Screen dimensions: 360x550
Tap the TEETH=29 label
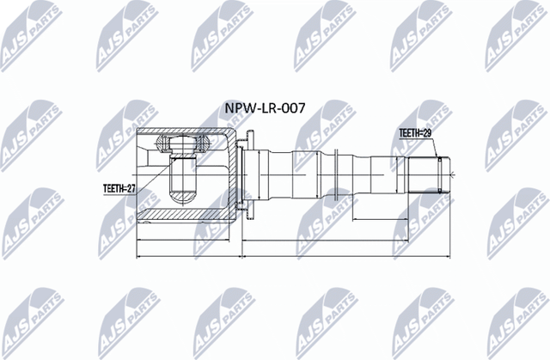click(414, 133)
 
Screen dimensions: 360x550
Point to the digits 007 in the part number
click(292, 111)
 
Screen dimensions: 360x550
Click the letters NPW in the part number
click(238, 111)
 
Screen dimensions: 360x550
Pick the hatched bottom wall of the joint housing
click(185, 214)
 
